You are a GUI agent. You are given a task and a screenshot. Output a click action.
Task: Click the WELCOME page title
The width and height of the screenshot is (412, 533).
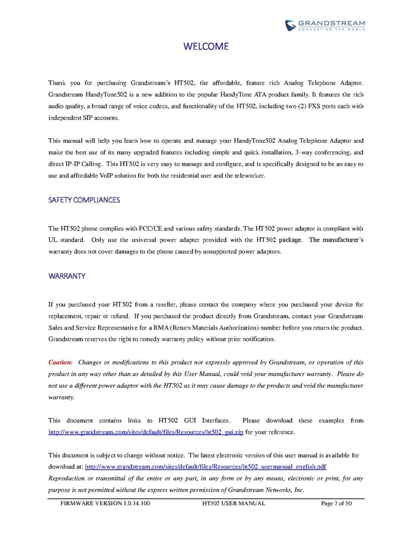(206, 47)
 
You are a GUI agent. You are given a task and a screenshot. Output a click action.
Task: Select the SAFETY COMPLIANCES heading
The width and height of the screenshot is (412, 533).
(84, 200)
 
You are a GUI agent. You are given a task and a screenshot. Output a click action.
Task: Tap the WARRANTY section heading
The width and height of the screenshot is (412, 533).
(66, 276)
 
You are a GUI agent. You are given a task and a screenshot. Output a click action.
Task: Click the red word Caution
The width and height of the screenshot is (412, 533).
(60, 362)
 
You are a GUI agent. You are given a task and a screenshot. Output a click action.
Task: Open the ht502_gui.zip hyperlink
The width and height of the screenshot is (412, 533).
(146, 432)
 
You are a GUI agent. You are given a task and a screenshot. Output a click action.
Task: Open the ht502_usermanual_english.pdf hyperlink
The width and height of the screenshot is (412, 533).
(206, 467)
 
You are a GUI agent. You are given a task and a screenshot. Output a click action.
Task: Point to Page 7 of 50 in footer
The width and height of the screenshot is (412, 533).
(336, 503)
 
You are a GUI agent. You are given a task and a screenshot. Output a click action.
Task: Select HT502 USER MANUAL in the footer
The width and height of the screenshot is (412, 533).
(234, 503)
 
